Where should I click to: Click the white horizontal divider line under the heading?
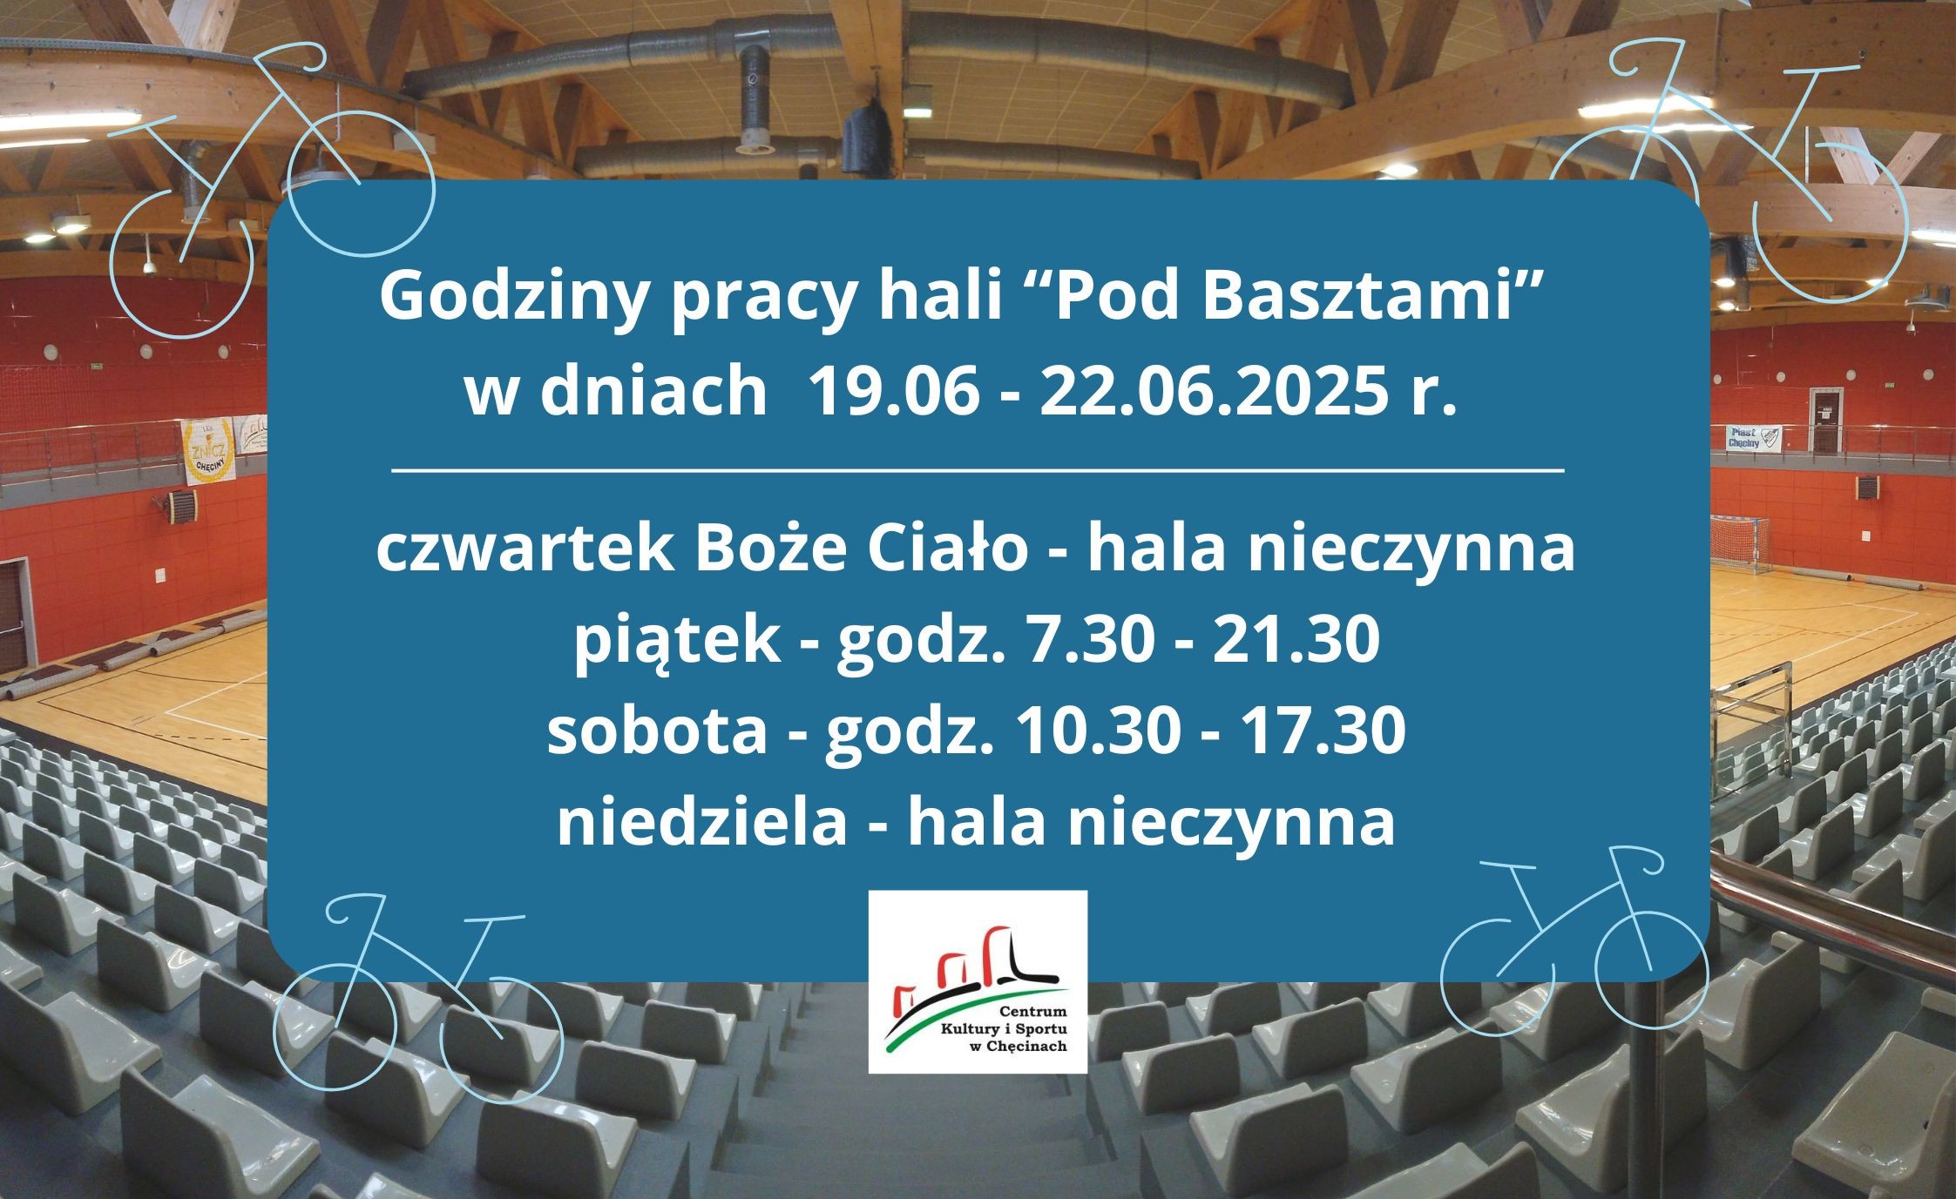(978, 471)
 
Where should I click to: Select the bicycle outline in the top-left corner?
(261, 174)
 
